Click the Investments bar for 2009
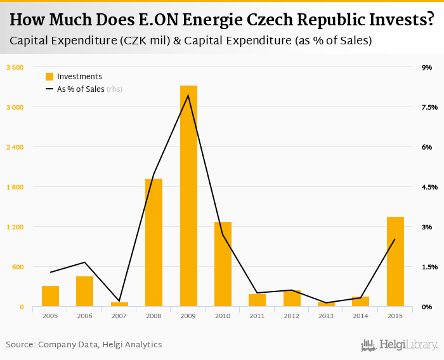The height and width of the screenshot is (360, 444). click(188, 196)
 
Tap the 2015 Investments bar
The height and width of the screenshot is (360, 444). click(395, 262)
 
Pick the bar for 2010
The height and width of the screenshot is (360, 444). click(223, 264)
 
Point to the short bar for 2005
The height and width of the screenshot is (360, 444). click(50, 296)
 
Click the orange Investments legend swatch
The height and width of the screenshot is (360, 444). click(49, 77)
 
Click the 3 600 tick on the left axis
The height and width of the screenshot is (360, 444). click(15, 67)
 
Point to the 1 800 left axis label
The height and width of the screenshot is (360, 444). click(15, 187)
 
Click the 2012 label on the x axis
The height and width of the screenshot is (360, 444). click(292, 316)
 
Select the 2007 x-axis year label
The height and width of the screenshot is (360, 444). click(119, 316)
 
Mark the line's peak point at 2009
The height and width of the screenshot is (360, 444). click(188, 95)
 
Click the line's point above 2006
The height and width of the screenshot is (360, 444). click(84, 262)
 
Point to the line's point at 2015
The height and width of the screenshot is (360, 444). click(395, 239)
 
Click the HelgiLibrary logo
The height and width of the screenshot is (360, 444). click(400, 345)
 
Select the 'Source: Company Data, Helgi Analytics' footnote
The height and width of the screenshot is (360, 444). click(84, 345)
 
